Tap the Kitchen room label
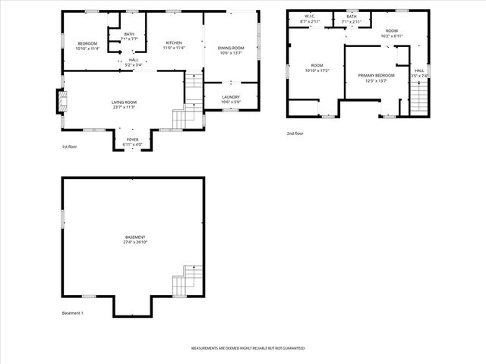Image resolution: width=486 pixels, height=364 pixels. [174, 42]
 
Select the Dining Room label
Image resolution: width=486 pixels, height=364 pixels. [231, 48]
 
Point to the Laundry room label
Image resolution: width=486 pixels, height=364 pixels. [231, 96]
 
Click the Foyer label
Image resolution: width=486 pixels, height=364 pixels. [132, 140]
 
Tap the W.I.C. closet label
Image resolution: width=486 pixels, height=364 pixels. [310, 16]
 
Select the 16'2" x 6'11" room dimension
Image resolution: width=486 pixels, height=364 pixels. [392, 36]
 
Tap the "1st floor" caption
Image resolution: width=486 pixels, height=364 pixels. [70, 146]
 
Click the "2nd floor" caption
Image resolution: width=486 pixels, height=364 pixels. [295, 133]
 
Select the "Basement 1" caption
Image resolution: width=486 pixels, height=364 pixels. [72, 313]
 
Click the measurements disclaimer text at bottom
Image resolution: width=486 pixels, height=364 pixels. [248, 348]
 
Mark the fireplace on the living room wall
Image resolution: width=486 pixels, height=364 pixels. [60, 101]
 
